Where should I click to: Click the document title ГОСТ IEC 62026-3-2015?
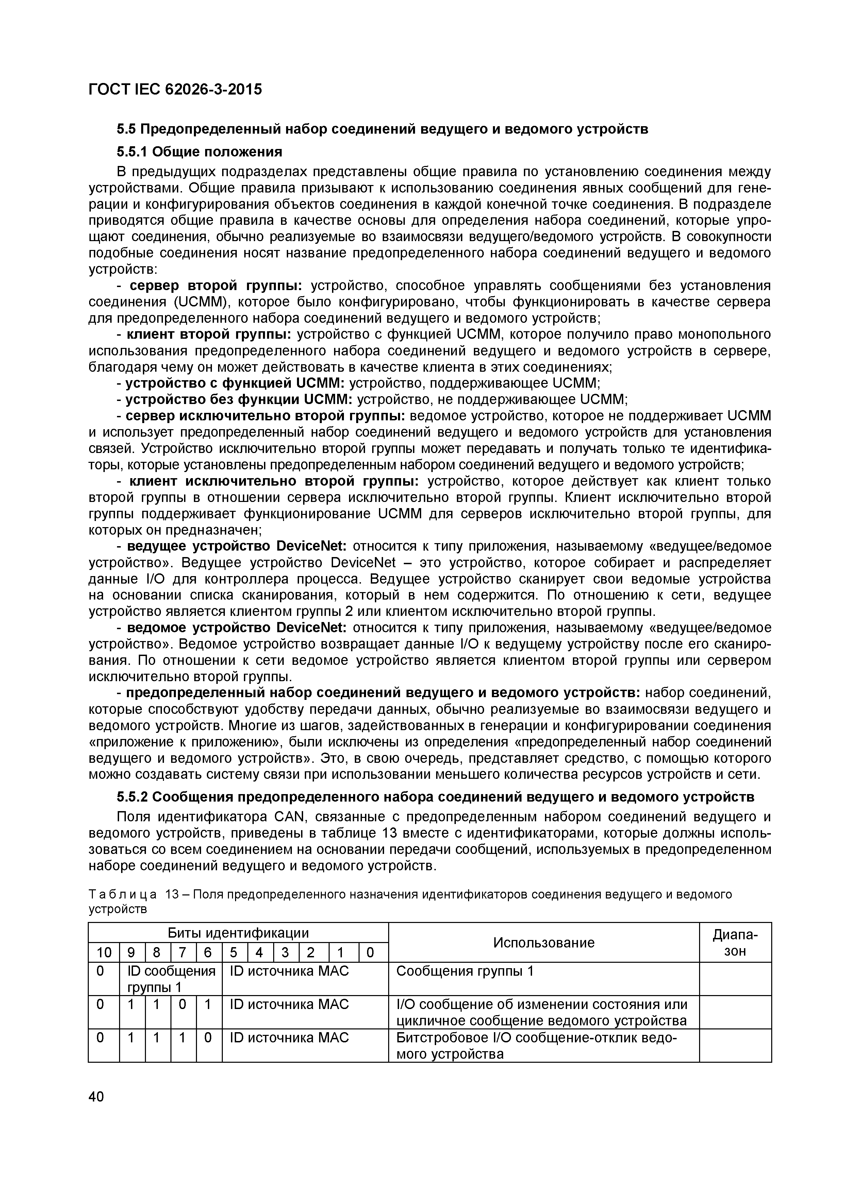(x=175, y=90)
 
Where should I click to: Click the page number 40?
(x=96, y=1096)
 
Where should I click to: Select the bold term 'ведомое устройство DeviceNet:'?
(x=236, y=628)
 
